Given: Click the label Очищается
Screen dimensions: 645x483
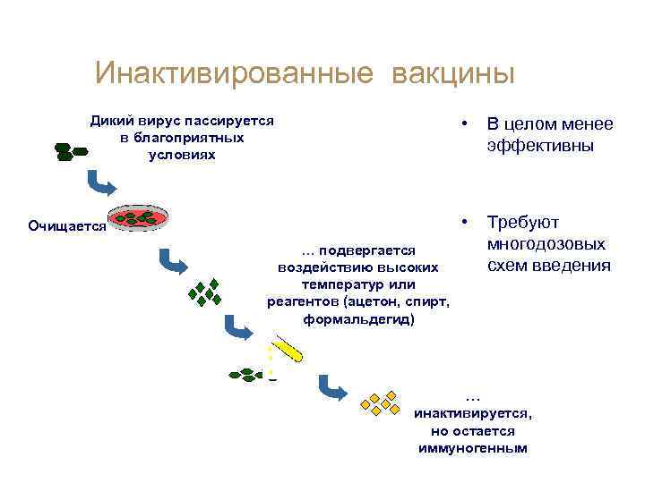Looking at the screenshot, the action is (66, 226).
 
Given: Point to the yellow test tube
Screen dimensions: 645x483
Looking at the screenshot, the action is (288, 348).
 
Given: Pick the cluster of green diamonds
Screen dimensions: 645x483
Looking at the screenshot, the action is (204, 292).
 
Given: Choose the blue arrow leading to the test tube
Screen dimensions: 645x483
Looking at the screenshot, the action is (239, 328).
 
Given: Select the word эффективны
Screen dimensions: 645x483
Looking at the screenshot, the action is (539, 145).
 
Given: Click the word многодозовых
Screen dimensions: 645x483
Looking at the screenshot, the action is (546, 244).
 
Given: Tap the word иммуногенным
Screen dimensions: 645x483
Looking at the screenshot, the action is (473, 447).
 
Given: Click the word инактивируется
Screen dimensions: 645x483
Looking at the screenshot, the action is (473, 413).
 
